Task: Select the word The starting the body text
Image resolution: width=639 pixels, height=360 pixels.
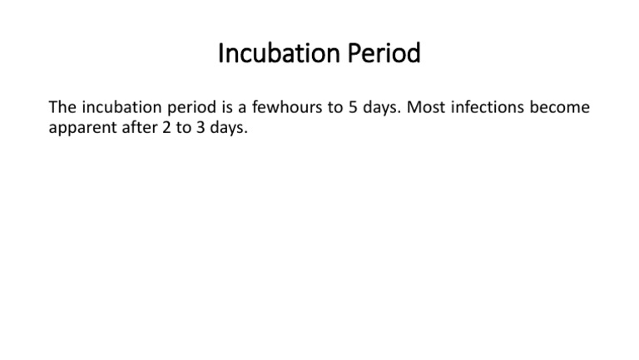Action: pyautogui.click(x=62, y=108)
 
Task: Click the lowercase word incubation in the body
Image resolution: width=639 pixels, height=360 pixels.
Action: pyautogui.click(x=120, y=108)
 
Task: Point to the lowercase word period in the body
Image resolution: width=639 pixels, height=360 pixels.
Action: pyautogui.click(x=191, y=108)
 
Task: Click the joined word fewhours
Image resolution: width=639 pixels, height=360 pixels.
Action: pyautogui.click(x=285, y=108)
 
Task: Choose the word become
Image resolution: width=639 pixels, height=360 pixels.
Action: pyautogui.click(x=562, y=108)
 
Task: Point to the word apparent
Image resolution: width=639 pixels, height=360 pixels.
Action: pyautogui.click(x=81, y=129)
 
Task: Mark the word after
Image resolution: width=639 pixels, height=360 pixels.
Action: pyautogui.click(x=136, y=129)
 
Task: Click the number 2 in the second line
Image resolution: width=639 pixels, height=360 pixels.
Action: pyautogui.click(x=163, y=129)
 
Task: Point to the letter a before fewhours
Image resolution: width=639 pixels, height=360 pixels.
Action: pyautogui.click(x=243, y=109)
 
